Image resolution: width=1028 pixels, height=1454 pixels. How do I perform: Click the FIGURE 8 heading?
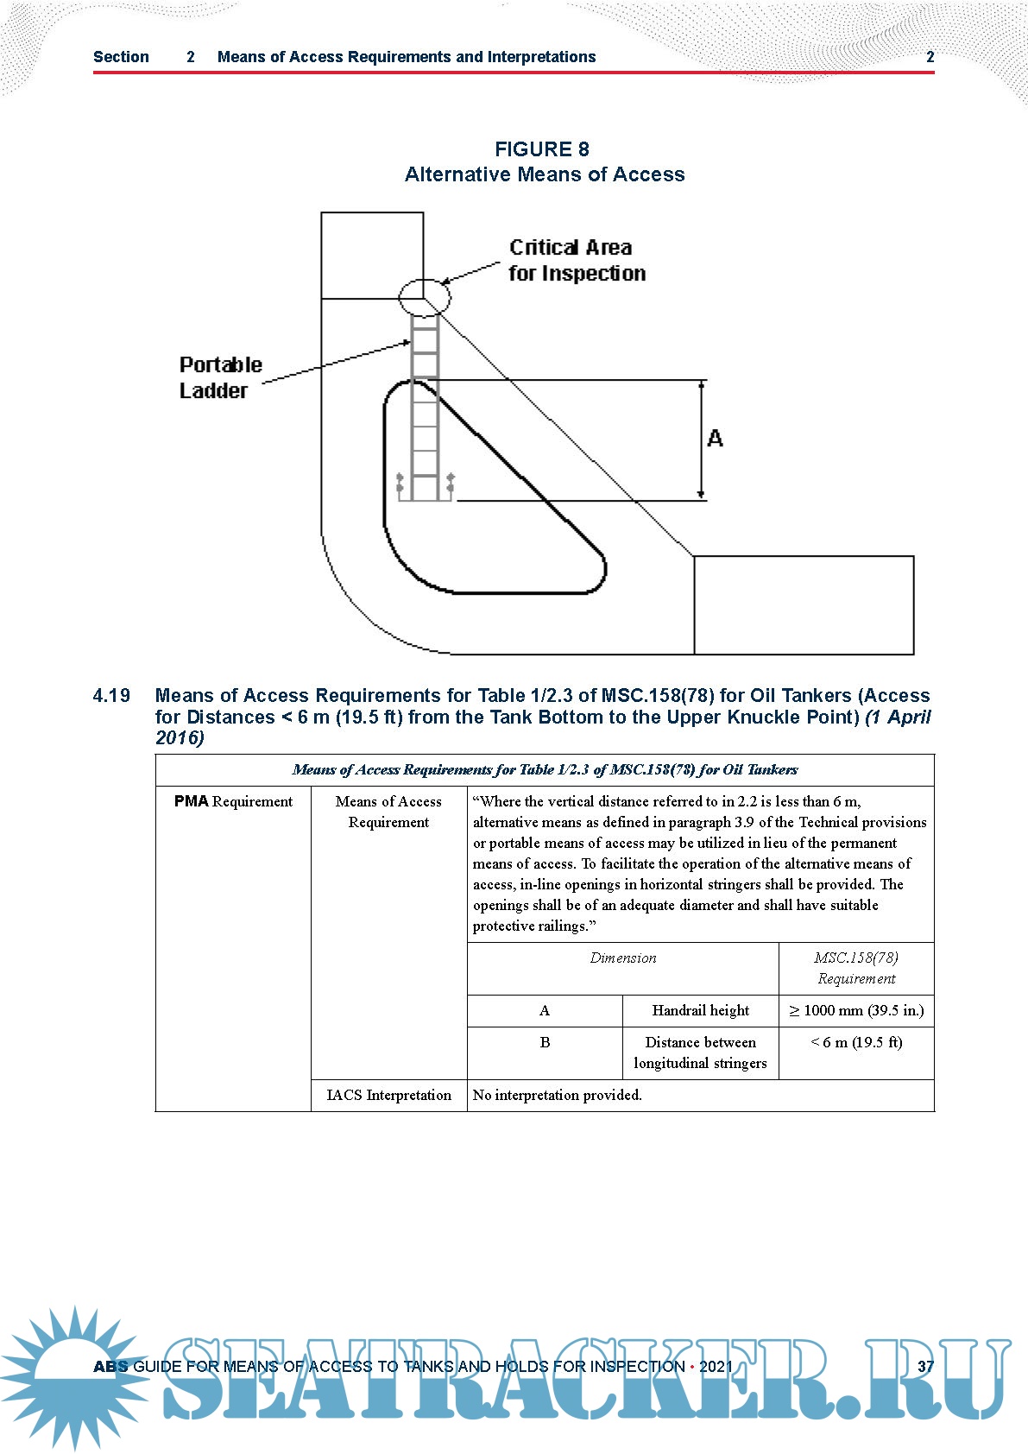(541, 149)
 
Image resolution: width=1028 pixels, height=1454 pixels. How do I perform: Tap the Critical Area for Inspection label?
(577, 260)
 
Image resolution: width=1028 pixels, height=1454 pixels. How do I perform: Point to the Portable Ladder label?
(220, 377)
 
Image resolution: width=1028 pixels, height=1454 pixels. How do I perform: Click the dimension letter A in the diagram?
(715, 439)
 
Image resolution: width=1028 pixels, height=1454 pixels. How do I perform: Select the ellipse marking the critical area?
(425, 297)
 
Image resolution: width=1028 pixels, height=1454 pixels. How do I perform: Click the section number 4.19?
(111, 696)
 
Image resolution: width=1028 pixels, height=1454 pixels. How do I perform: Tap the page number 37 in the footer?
(925, 1366)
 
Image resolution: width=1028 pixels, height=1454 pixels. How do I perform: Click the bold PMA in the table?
(192, 801)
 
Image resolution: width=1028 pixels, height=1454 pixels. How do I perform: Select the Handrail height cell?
(700, 1010)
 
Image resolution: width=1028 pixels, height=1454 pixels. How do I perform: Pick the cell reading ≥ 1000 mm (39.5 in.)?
(856, 1010)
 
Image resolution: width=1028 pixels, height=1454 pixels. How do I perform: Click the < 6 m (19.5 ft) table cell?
(856, 1042)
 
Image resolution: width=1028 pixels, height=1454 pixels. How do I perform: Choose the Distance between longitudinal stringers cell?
(700, 1053)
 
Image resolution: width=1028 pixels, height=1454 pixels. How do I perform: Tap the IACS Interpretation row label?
(388, 1095)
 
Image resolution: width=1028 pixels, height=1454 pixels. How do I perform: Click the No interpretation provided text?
(558, 1095)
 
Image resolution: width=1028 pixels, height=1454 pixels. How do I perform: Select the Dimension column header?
(622, 958)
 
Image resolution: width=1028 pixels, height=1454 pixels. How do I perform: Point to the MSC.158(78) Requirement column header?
(856, 968)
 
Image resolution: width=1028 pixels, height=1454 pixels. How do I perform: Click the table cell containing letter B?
(545, 1042)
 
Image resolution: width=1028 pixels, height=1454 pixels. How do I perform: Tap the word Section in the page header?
(121, 57)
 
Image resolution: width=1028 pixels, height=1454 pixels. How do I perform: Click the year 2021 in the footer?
(716, 1366)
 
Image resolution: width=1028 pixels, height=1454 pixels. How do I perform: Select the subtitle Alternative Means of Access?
(545, 174)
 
